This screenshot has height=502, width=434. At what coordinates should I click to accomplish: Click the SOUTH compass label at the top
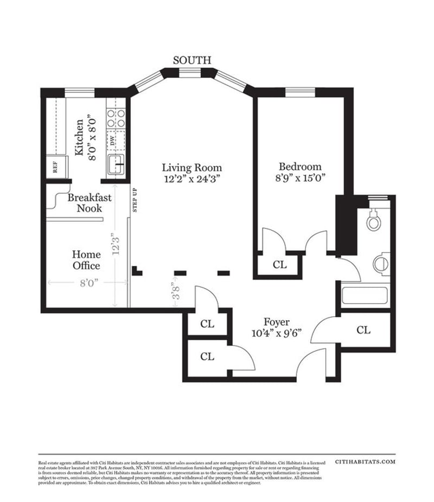click(192, 60)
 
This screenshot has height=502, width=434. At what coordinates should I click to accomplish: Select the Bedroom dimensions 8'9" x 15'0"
click(300, 177)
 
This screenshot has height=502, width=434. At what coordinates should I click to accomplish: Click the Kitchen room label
click(80, 138)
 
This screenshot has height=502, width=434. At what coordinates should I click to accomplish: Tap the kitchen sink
click(116, 164)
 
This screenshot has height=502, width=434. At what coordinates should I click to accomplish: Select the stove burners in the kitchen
click(116, 118)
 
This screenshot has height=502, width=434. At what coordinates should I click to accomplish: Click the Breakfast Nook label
click(90, 202)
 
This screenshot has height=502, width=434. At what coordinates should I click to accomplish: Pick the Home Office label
click(87, 260)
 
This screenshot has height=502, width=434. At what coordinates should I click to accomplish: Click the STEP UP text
click(135, 201)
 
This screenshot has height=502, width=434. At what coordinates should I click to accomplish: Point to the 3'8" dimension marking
click(175, 295)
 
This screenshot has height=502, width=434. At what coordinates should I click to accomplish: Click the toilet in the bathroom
click(373, 220)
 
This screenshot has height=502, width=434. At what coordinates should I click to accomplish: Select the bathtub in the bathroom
click(365, 296)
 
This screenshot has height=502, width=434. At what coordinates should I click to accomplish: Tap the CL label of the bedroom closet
click(279, 265)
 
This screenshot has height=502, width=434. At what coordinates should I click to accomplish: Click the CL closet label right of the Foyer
click(363, 330)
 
